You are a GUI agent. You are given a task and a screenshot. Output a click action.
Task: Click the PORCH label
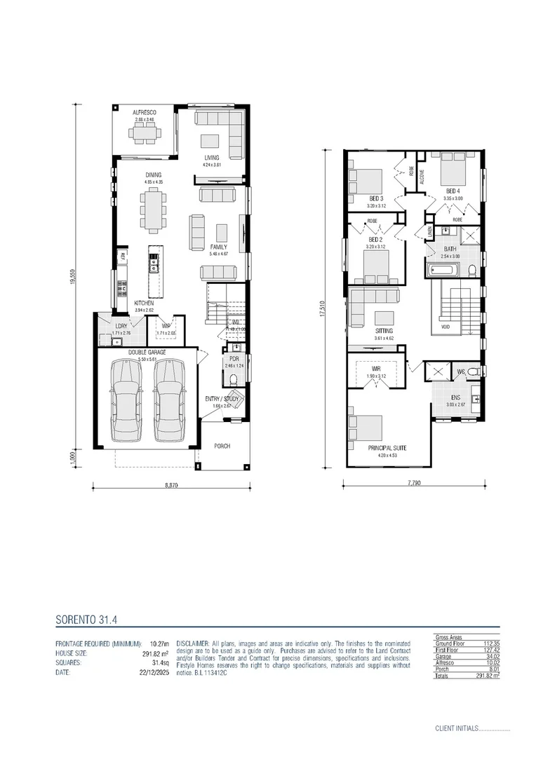coord(222,446)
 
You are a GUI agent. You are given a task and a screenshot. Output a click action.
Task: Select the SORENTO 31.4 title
coord(86,620)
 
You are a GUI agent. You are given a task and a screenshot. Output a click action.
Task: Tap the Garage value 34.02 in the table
coord(490,656)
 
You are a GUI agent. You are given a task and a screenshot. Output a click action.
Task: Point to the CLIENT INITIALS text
coord(456,728)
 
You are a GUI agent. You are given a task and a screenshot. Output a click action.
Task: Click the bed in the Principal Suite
coord(365,427)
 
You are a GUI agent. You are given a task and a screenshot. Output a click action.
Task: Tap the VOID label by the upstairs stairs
coord(444,326)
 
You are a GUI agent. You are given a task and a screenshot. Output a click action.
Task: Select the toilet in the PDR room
coord(234,379)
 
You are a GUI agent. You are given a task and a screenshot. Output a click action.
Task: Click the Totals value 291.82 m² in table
coord(488,675)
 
